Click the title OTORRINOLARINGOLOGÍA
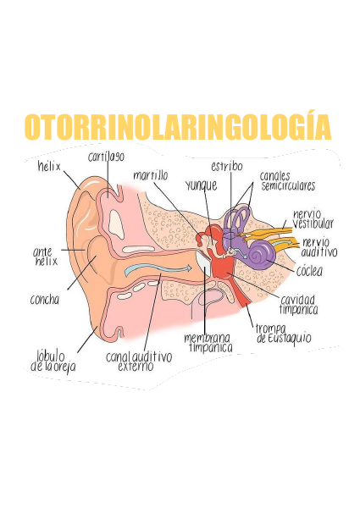click(x=178, y=126)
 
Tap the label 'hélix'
click(x=49, y=167)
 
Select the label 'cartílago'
click(x=106, y=157)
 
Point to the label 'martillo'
click(x=151, y=175)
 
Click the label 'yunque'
click(x=202, y=185)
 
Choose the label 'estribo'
click(x=227, y=166)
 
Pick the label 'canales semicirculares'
click(x=288, y=181)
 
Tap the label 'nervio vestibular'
click(x=313, y=219)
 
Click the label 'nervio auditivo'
click(x=319, y=247)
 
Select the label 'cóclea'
click(x=309, y=271)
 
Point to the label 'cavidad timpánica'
click(x=298, y=305)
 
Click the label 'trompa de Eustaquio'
click(x=284, y=334)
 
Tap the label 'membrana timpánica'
click(x=208, y=343)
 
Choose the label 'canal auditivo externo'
click(x=139, y=362)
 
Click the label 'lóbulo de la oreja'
click(x=53, y=362)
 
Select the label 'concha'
click(x=45, y=300)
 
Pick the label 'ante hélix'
click(x=46, y=257)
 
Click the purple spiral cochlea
click(x=259, y=255)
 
